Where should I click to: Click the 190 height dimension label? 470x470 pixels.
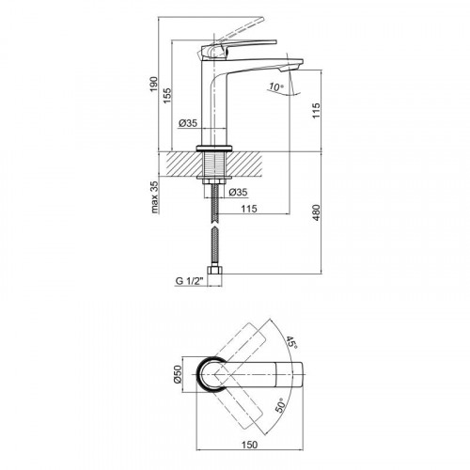153,84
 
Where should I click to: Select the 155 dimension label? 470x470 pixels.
167,96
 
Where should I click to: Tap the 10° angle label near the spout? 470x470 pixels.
275,86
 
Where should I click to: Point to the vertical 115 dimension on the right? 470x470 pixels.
316,110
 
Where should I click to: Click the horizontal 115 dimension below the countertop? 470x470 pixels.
249,209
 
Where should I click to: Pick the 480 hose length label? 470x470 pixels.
316,212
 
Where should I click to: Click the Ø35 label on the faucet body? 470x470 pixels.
188,123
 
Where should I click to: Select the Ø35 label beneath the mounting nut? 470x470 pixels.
238,192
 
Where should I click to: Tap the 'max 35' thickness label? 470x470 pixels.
155,196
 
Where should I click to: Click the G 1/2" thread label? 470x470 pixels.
190,281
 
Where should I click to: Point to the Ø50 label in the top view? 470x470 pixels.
178,374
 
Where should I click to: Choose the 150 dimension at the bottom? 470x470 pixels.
250,445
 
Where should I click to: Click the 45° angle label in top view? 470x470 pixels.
291,342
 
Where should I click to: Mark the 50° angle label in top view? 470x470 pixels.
280,405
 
